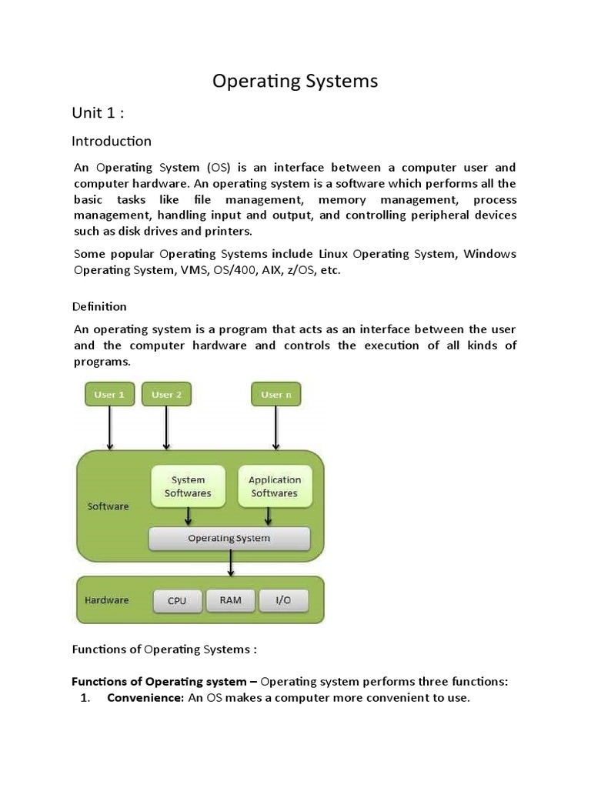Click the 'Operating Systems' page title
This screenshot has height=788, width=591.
pos(295,81)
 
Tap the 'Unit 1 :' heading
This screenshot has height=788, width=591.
pos(98,113)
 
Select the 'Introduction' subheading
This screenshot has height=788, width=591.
pos(112,142)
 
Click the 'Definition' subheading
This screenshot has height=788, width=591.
pos(99,306)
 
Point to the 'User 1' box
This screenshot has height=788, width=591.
pos(109,395)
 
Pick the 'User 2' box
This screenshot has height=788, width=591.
pos(166,395)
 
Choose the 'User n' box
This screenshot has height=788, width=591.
pos(276,395)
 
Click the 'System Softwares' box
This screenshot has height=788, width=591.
pos(188,486)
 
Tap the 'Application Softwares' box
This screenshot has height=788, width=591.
pos(275,486)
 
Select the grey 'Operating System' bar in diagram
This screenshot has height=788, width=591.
pos(229,539)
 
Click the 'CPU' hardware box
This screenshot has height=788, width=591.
pos(177,601)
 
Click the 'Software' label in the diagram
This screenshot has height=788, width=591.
pos(109,506)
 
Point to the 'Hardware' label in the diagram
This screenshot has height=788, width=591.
pos(107,600)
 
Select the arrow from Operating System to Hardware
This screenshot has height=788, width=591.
pos(230,564)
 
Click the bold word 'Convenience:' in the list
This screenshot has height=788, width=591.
pos(145,698)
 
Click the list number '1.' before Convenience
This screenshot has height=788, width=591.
pos(85,698)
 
